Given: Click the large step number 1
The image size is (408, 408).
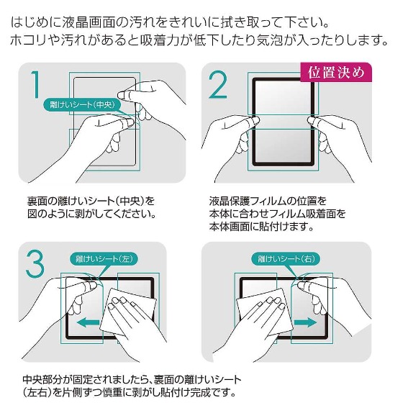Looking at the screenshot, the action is [x=36, y=84].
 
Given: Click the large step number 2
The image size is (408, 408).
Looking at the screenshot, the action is [x=218, y=84].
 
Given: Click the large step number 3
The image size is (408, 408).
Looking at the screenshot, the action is [x=35, y=263].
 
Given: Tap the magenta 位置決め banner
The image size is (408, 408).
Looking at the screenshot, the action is [x=336, y=72].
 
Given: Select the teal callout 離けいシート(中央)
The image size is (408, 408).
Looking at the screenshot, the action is [x=82, y=104].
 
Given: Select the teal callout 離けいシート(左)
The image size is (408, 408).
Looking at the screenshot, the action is [x=104, y=258].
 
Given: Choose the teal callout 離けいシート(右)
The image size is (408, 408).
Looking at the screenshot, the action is [x=286, y=258].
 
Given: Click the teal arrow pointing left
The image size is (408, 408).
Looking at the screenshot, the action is [x=89, y=322].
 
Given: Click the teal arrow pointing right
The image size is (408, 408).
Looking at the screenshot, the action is [x=305, y=322].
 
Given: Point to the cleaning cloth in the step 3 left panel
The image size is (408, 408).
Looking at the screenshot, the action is [x=128, y=311].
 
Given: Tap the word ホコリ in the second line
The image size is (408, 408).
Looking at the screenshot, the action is [x=29, y=40].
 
